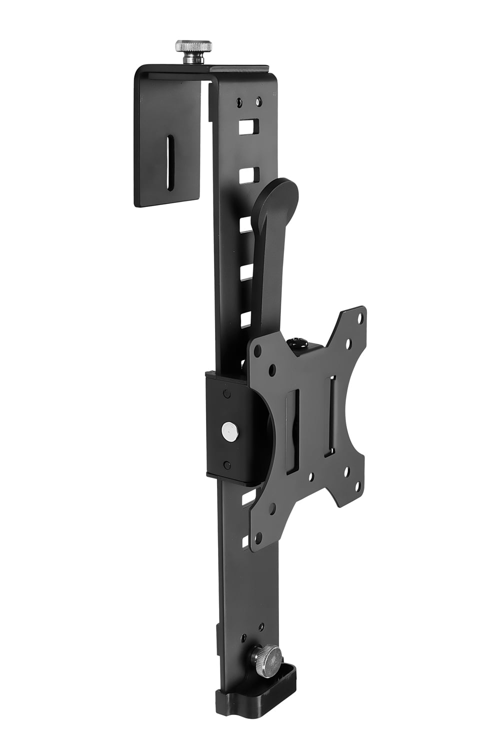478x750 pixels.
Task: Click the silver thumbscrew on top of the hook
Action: pyautogui.click(x=193, y=47)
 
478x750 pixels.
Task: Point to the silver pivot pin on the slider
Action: pyautogui.click(x=229, y=430)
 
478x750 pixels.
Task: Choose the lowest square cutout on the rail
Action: pyautogui.click(x=245, y=542)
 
